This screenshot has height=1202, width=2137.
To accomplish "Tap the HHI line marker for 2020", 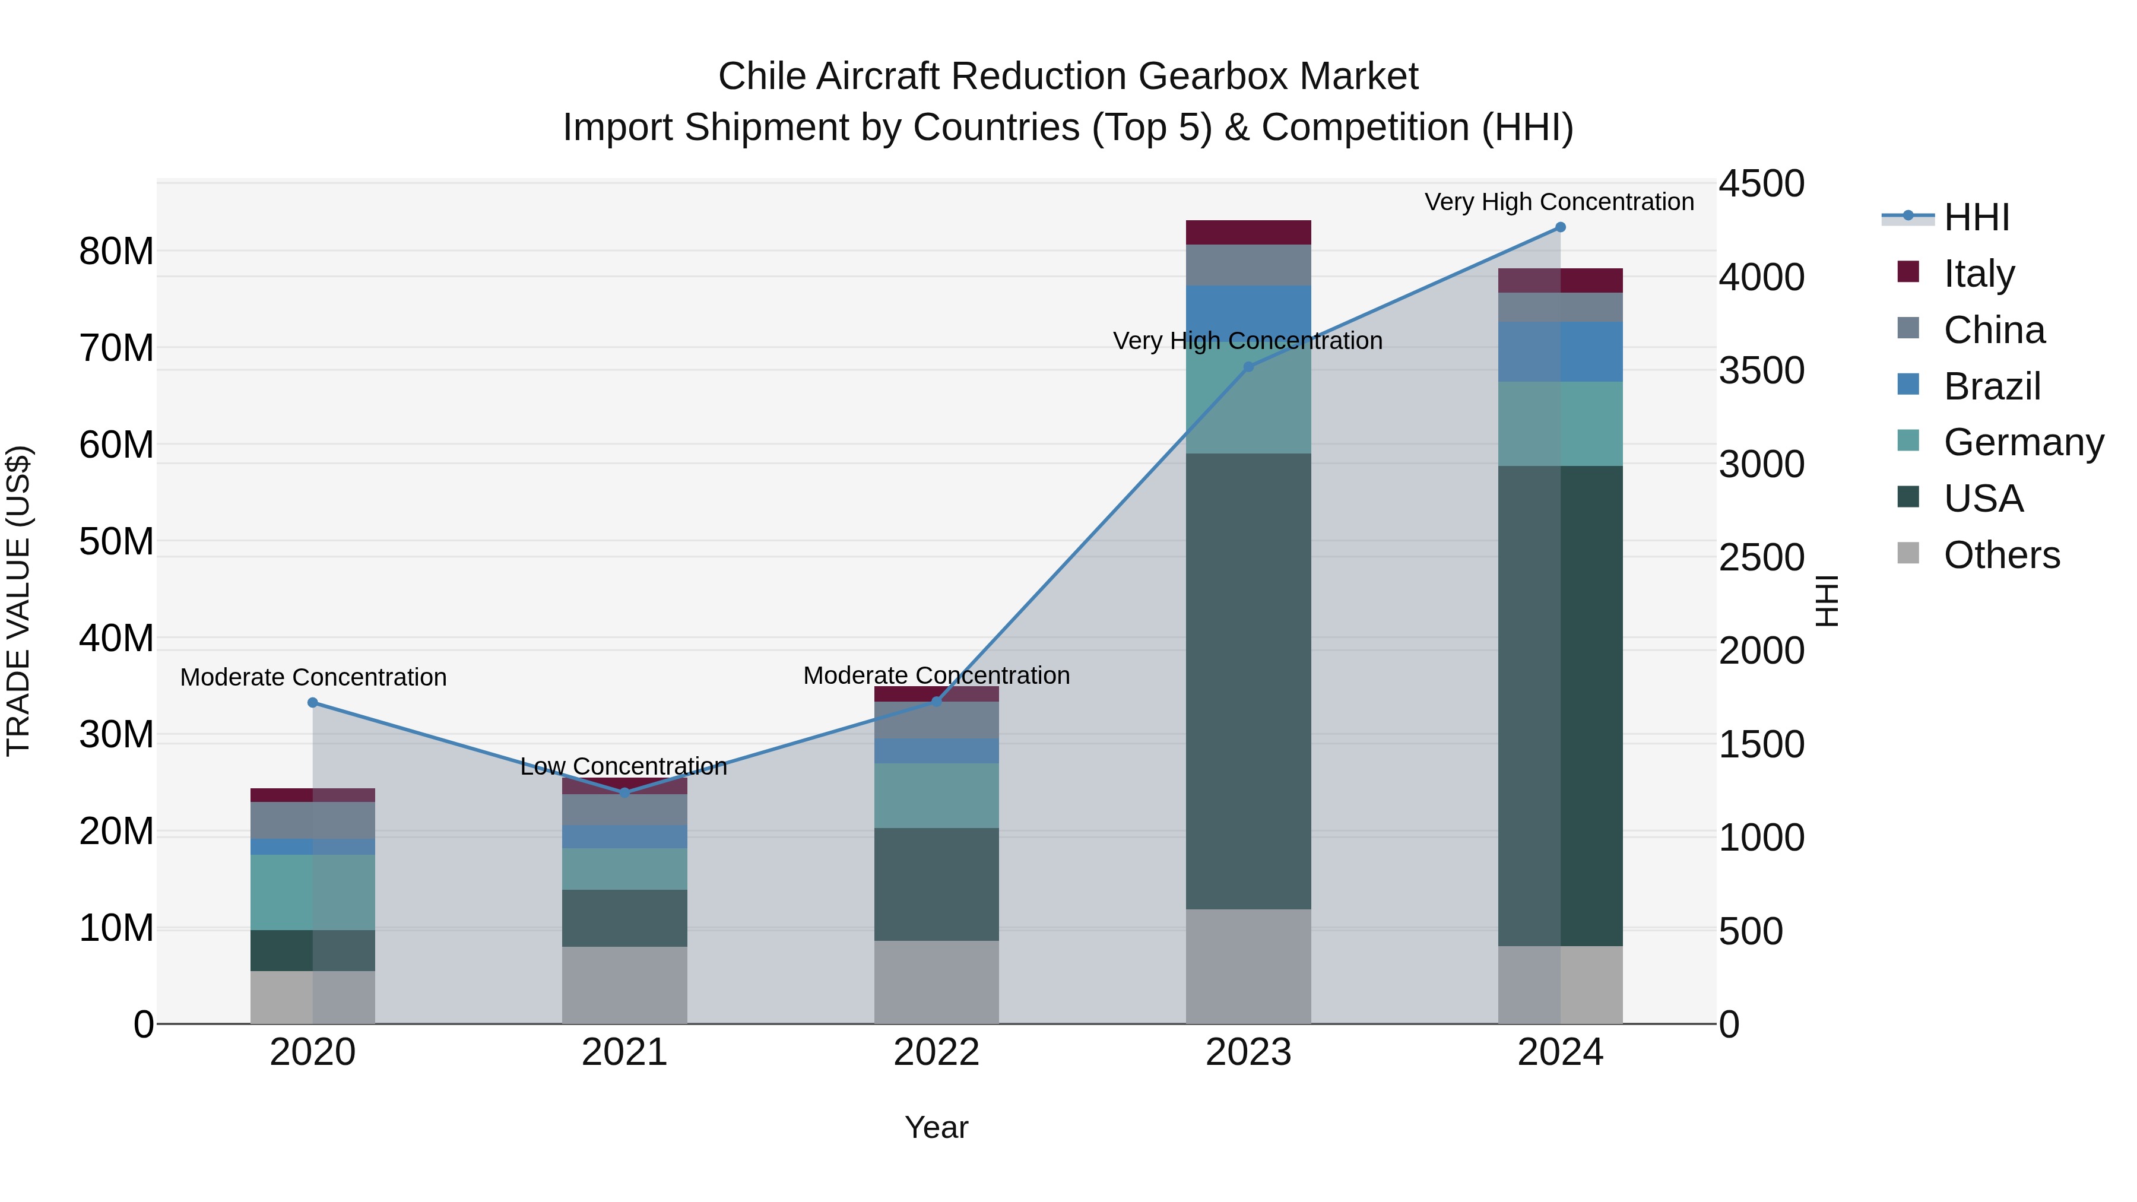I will click(313, 703).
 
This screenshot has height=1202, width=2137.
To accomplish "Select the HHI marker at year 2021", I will click(624, 792).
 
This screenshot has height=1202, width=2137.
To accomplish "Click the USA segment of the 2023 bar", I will click(1248, 680).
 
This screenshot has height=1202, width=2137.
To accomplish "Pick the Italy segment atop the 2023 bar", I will click(1248, 232).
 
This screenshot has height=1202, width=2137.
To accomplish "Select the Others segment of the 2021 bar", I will click(624, 985).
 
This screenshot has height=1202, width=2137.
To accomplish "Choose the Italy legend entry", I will click(1978, 274).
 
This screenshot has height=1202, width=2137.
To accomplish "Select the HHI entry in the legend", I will click(1975, 217).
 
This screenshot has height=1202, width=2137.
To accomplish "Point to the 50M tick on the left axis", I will click(116, 542).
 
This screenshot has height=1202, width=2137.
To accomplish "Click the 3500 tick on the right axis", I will click(1761, 371).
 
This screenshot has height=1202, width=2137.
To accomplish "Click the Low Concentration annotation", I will click(624, 766).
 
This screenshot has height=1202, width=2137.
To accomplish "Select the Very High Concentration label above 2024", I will click(1559, 202).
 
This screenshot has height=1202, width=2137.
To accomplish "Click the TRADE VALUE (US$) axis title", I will click(19, 601).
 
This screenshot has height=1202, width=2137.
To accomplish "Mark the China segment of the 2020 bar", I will click(313, 820).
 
